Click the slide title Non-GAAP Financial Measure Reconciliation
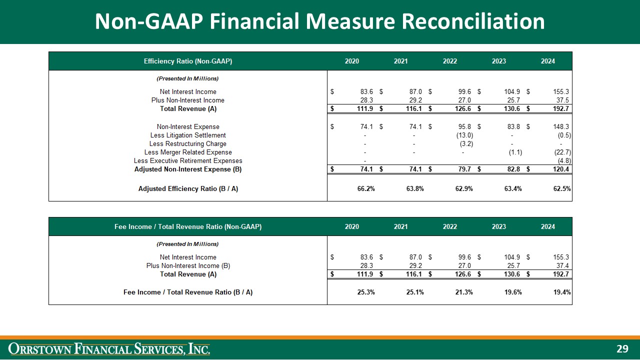point(320,21)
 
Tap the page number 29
point(622,349)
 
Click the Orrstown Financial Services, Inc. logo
point(109,348)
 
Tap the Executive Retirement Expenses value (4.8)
point(564,160)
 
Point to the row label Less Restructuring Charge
point(188,143)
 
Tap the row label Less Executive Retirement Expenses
point(188,160)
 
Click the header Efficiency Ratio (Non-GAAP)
point(188,61)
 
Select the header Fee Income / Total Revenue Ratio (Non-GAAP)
point(188,226)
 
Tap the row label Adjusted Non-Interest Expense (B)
point(188,169)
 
